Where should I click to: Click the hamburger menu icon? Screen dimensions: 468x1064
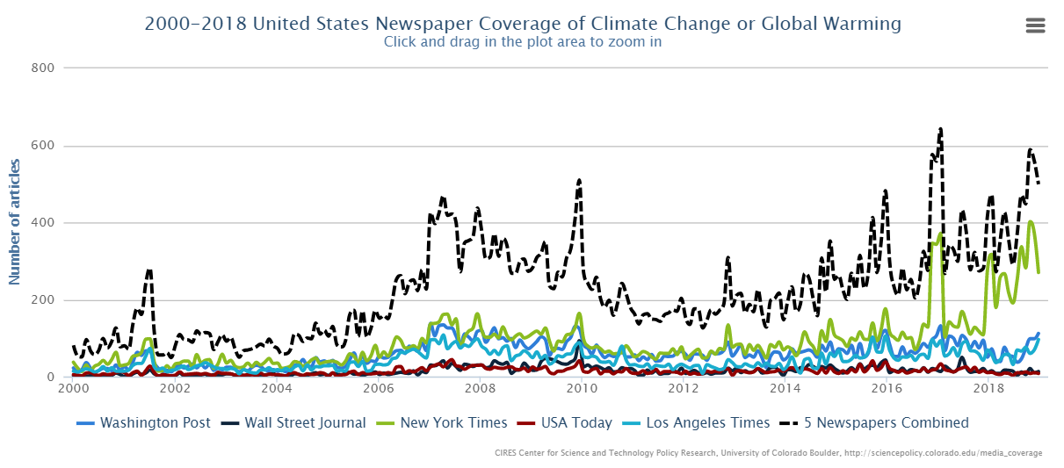(1035, 25)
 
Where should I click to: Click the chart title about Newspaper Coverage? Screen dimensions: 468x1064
(523, 24)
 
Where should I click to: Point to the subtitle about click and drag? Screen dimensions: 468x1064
(523, 41)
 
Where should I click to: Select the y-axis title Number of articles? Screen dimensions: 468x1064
(14, 221)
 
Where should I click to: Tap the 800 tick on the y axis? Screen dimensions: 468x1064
(43, 68)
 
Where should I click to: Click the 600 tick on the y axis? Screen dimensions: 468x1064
(43, 145)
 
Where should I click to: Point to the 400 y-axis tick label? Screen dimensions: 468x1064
(43, 222)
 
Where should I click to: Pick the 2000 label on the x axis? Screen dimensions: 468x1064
(73, 387)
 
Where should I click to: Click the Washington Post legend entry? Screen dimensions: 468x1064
(145, 423)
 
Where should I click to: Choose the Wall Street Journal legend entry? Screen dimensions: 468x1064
(294, 423)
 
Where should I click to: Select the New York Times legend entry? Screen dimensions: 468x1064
(443, 423)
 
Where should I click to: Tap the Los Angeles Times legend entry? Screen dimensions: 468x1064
(698, 423)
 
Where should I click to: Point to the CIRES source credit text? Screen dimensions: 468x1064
(770, 453)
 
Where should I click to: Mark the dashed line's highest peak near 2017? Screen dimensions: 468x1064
(941, 129)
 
